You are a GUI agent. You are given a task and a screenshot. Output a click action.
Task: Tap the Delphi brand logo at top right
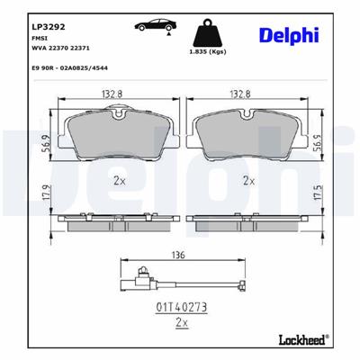coord(289,33)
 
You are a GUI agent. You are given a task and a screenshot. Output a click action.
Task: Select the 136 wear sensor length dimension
coord(179,255)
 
